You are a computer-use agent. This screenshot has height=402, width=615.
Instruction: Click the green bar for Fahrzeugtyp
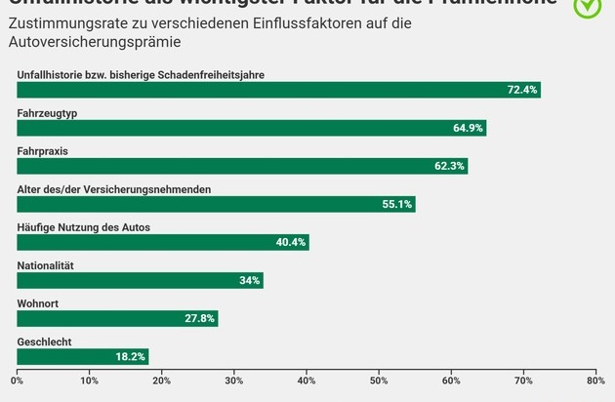[251, 128]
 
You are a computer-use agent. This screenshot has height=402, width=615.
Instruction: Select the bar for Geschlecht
[83, 357]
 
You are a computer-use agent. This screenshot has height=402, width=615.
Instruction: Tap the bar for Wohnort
[117, 319]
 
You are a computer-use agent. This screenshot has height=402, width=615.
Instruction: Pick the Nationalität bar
[140, 281]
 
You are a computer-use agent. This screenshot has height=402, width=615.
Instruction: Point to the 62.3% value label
[450, 166]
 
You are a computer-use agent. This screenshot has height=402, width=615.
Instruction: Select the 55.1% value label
[397, 204]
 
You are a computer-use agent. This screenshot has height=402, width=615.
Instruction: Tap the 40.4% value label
[291, 242]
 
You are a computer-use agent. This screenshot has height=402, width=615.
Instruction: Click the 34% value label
[249, 281]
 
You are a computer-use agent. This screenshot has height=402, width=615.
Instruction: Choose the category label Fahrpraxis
[42, 151]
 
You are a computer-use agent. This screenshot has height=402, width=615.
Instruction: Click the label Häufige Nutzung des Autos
[83, 227]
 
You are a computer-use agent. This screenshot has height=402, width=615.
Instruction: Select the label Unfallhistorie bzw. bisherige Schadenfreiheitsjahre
[141, 74]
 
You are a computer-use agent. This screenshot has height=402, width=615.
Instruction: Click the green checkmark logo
[587, 6]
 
